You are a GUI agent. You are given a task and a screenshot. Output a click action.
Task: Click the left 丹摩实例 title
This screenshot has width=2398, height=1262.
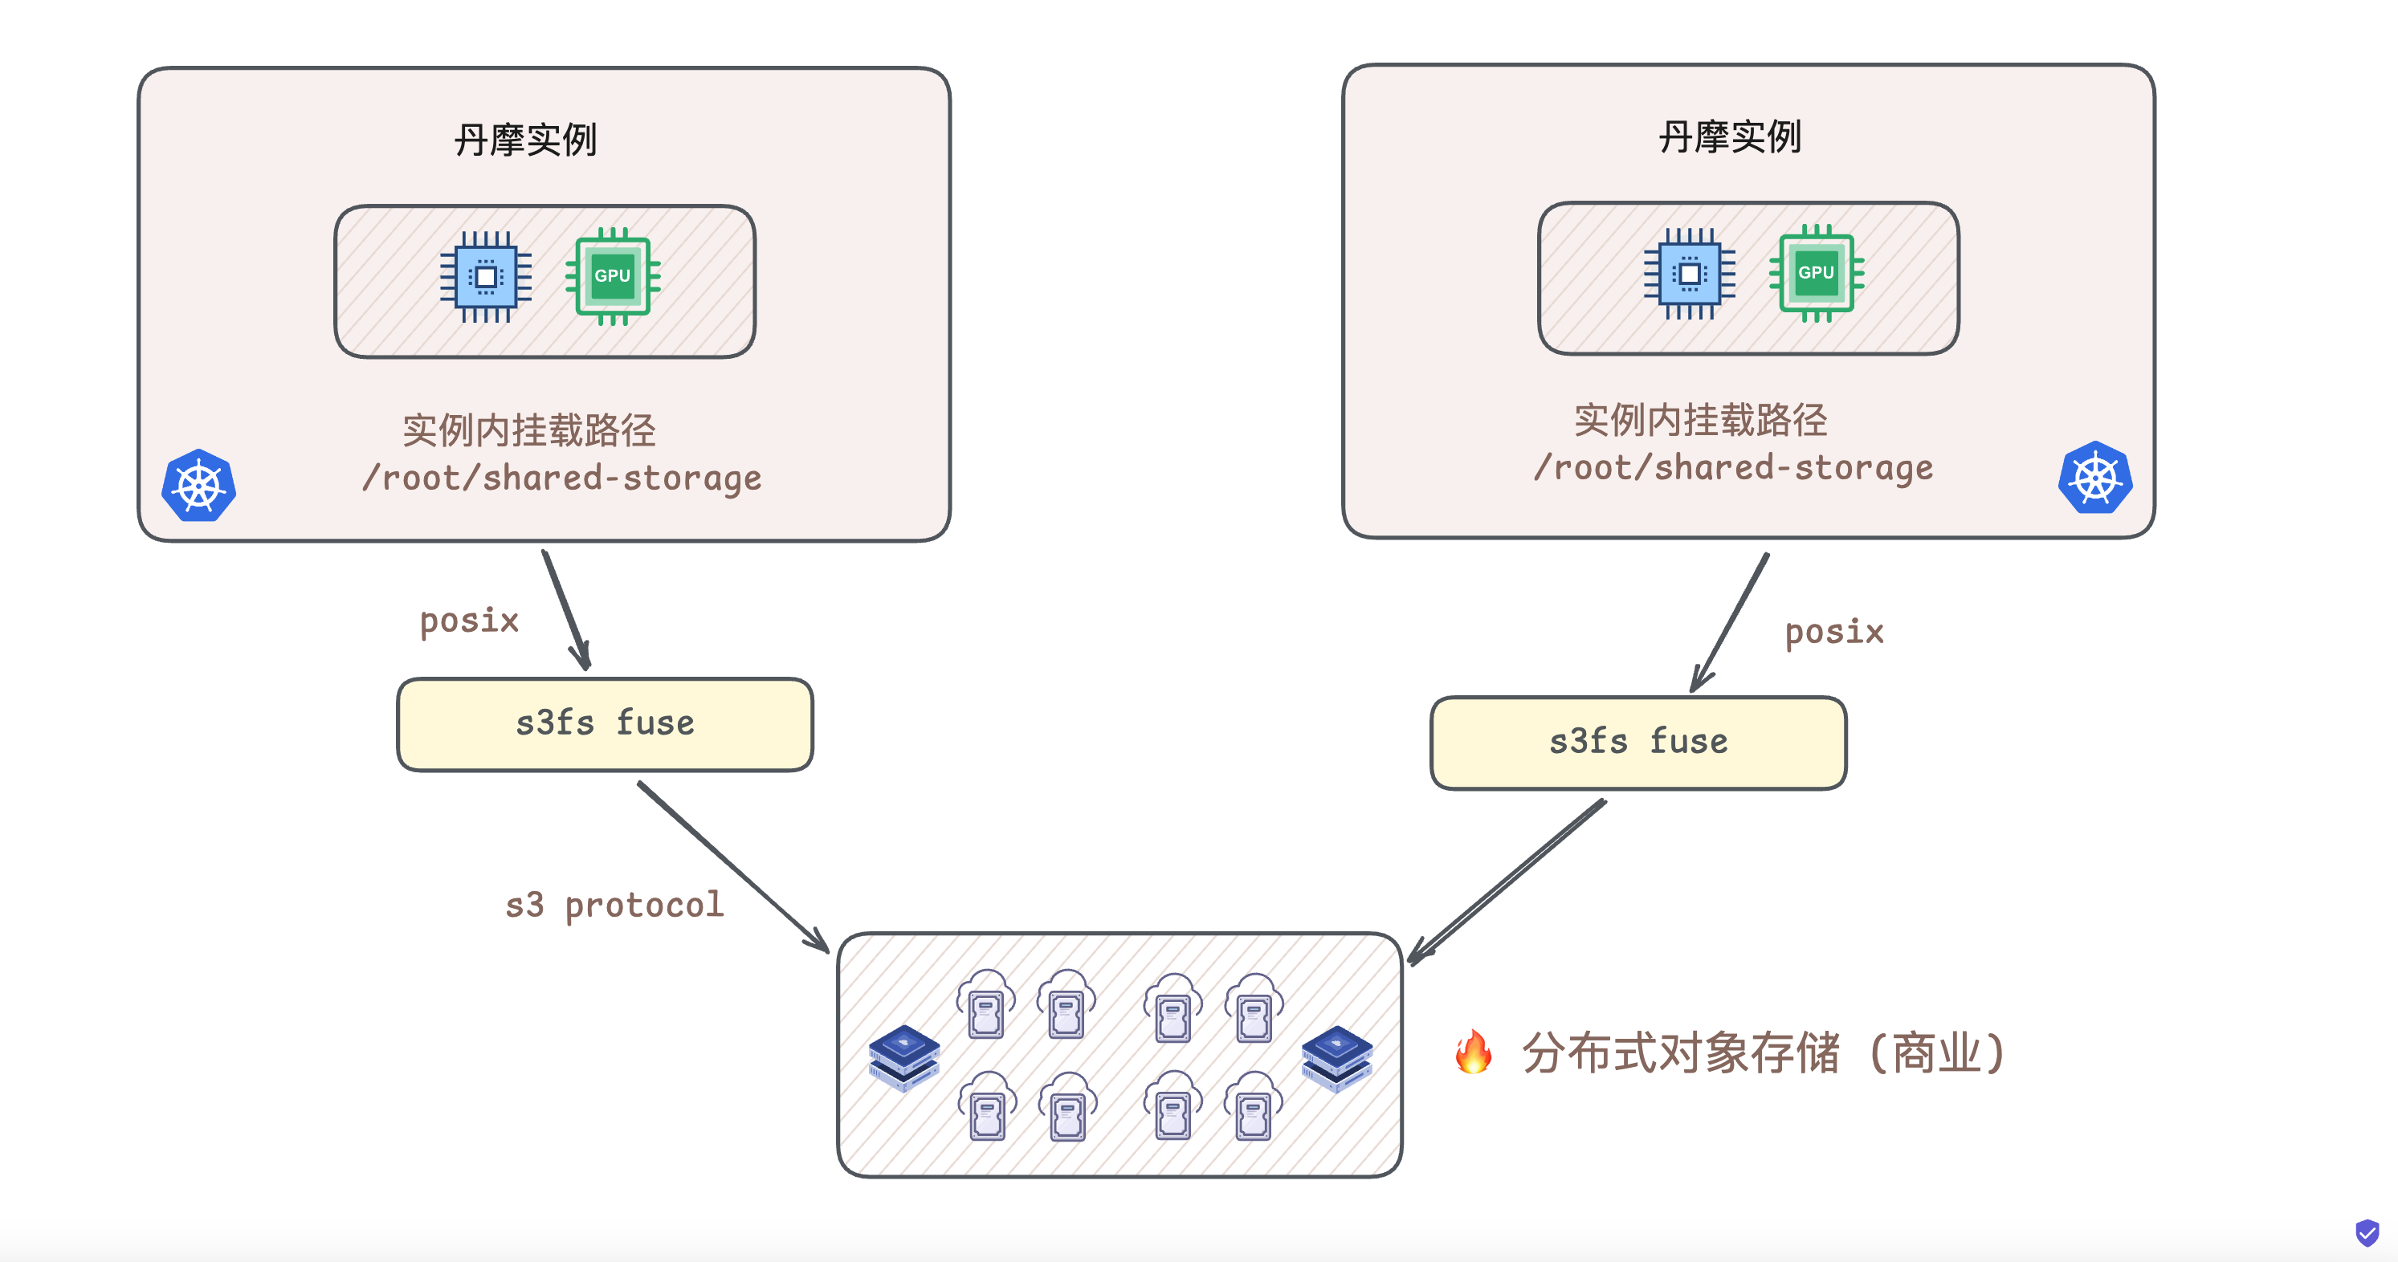pos(525,140)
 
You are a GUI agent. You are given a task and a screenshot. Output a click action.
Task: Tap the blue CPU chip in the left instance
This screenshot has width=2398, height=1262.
pos(486,276)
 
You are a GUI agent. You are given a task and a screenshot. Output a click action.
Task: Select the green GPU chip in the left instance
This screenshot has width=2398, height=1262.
pos(613,275)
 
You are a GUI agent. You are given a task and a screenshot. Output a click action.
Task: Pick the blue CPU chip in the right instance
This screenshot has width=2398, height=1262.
pos(1690,274)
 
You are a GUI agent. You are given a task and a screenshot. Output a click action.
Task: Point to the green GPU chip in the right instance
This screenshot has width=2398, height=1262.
pos(1815,273)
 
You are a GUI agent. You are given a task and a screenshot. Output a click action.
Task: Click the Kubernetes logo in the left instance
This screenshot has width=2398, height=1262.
pos(198,486)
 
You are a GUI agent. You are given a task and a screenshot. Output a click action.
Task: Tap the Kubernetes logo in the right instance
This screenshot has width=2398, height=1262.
pos(2094,478)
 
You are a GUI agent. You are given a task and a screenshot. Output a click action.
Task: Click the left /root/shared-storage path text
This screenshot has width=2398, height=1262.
pos(561,478)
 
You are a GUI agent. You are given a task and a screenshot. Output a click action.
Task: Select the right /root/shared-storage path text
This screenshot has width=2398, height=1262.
pos(1733,467)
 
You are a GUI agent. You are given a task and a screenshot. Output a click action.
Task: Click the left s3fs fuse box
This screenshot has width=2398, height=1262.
pos(605,724)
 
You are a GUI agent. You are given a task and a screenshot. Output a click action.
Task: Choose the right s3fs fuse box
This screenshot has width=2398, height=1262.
pos(1638,743)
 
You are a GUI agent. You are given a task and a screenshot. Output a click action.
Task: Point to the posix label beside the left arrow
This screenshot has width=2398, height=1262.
pos(469,621)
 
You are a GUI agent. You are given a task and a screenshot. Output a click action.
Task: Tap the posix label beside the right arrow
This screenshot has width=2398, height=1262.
pos(1834,633)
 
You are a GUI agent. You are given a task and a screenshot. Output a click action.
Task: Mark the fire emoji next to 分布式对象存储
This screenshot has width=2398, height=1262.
pos(1473,1052)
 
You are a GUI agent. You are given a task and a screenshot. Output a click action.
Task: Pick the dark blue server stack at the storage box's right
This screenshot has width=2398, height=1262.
pos(1337,1058)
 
